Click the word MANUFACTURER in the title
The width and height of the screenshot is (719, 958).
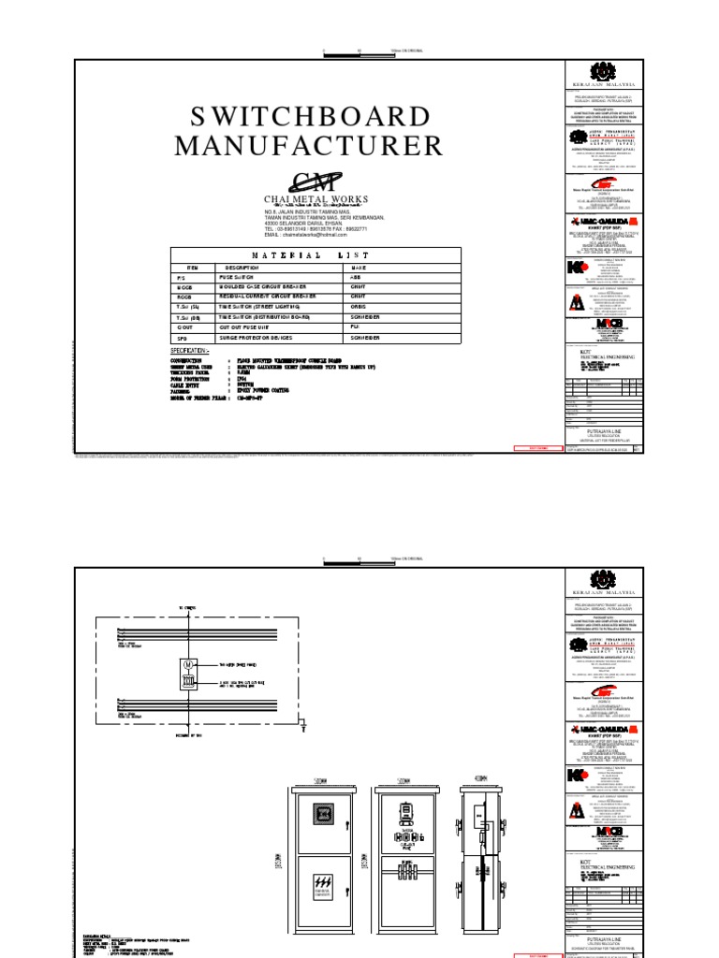[308, 146]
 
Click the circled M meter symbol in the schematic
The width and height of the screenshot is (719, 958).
[187, 665]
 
